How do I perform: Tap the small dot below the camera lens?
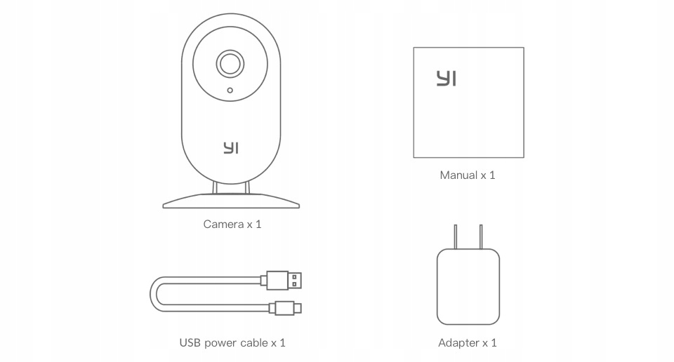230,90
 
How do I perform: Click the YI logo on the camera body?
231,148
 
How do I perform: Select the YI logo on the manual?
446,78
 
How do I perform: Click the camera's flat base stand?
231,202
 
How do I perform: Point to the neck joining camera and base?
231,187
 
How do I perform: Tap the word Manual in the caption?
458,175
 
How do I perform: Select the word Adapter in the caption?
458,343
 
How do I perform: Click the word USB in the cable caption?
190,343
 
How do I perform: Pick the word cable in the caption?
254,343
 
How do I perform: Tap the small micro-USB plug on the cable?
286,307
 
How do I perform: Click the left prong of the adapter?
456,237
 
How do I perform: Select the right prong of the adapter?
481,237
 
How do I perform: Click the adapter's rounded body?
468,288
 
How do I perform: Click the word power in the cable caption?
222,343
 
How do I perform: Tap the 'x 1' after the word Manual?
488,175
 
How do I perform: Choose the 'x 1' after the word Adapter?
489,343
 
